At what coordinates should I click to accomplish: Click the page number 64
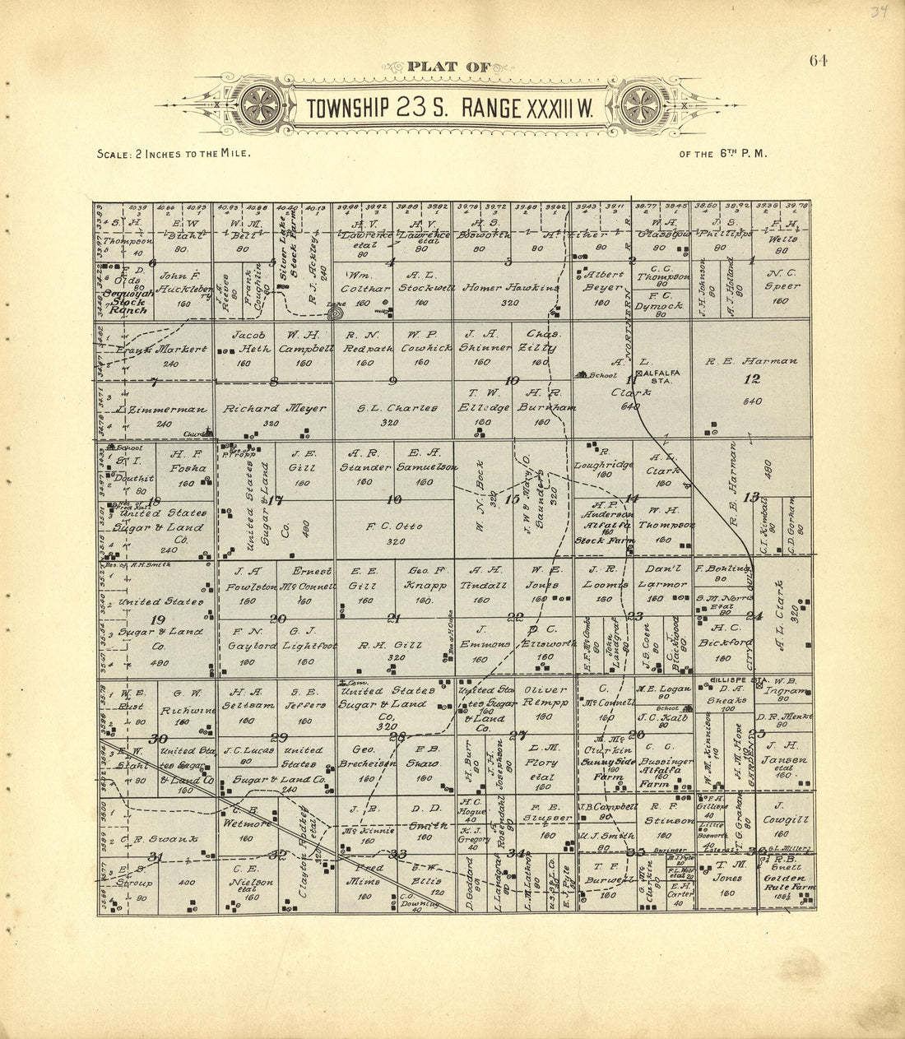(x=818, y=60)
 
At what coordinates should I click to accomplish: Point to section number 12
(x=752, y=379)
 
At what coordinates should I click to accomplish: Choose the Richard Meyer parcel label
(x=263, y=408)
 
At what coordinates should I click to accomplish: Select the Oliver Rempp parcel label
(x=545, y=696)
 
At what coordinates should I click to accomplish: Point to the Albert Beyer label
(x=604, y=281)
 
